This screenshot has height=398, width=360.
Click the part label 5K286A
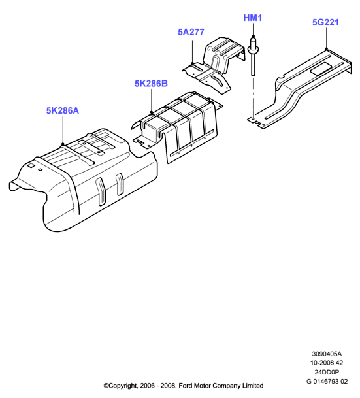63,110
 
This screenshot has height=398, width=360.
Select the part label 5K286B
151,84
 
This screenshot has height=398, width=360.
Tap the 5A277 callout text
191,32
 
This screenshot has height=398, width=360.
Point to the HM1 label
253,18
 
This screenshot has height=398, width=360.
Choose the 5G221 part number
325,22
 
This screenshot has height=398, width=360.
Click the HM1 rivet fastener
253,56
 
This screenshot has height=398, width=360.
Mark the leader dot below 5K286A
63,144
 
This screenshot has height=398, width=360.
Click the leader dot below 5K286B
151,112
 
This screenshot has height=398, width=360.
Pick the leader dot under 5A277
192,63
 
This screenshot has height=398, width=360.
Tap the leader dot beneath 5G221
326,49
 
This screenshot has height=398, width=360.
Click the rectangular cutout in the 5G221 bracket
321,69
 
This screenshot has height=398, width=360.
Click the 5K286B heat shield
178,127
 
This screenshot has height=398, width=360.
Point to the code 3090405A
327,354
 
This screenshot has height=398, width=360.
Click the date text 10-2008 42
327,363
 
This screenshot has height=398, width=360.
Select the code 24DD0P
327,372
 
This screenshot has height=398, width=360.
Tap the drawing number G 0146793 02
327,381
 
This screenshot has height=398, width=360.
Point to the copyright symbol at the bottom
106,386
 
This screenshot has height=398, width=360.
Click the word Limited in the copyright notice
253,386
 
